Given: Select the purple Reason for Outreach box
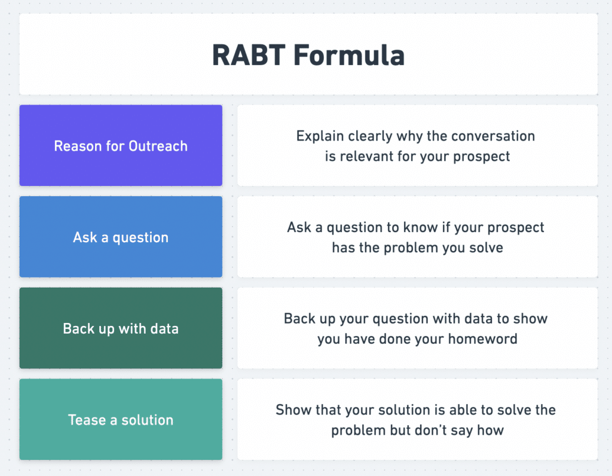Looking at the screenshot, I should [x=121, y=146].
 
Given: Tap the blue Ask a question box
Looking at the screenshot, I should [x=121, y=237].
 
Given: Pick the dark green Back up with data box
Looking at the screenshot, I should [x=121, y=328].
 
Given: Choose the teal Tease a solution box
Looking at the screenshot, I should [x=121, y=420].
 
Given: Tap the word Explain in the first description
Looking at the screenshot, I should [x=317, y=136].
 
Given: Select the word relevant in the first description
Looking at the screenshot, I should [x=368, y=157].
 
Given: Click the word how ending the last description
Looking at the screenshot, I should [x=491, y=430].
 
